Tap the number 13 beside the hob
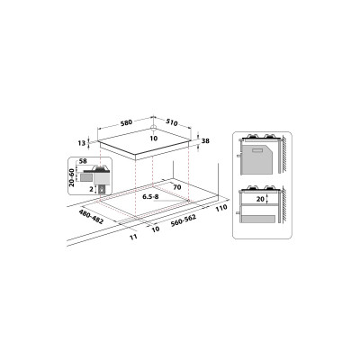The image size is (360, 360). pyautogui.click(x=83, y=143)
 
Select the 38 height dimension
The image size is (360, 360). pyautogui.click(x=206, y=140)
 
